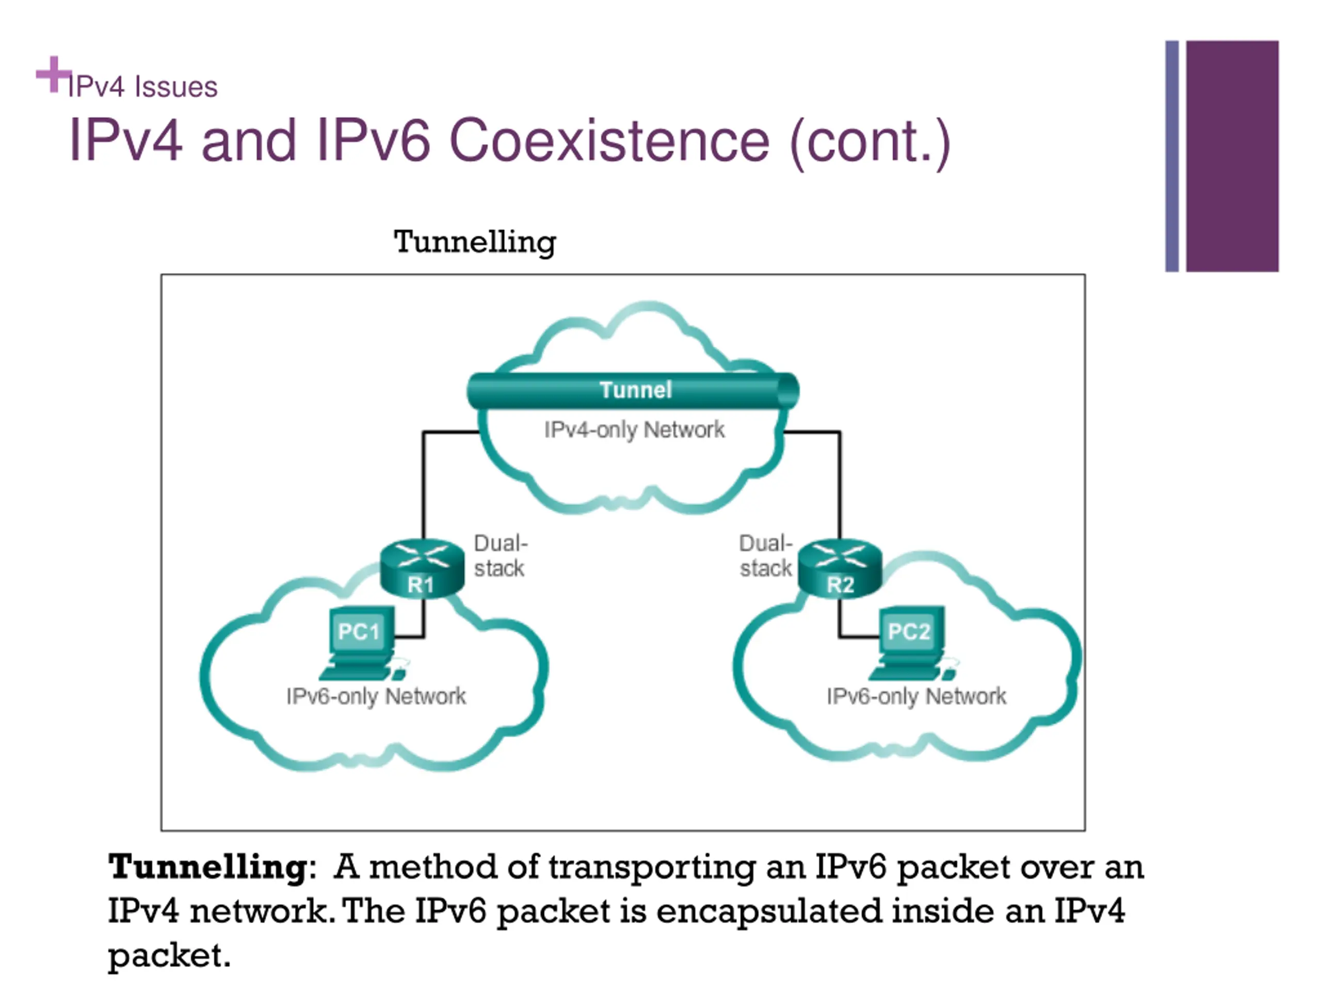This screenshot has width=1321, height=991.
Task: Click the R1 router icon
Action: point(422,567)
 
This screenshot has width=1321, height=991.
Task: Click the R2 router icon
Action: point(840,567)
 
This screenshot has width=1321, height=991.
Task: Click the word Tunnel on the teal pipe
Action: point(636,390)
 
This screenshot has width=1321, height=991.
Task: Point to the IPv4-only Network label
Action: point(634,430)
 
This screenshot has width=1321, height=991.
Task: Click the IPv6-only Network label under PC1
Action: point(376,696)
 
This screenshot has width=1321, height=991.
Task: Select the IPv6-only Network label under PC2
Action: point(916,696)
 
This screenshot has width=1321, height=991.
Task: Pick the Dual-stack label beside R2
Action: point(766,555)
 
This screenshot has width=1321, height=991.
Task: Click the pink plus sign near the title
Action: point(54,75)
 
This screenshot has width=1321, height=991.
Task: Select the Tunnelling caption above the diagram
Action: point(475,243)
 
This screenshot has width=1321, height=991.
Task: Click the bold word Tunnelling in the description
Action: point(208,867)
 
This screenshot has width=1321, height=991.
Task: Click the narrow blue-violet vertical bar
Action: point(1172,156)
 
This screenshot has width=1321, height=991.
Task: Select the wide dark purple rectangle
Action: point(1232,156)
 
